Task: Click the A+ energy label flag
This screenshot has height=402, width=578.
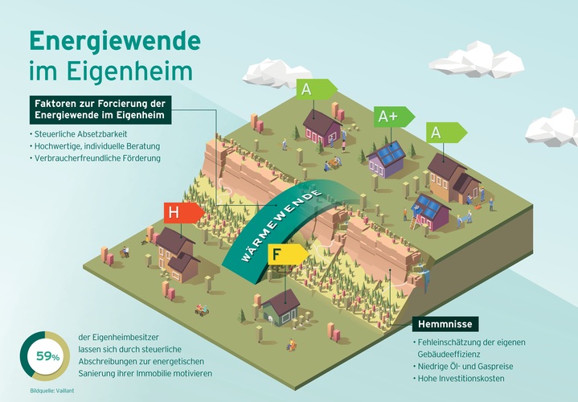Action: coord(394,117)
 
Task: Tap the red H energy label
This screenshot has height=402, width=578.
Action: coord(183,213)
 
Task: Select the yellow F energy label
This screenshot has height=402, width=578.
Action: coord(288,255)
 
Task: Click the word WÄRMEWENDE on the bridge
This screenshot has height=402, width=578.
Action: coord(281,227)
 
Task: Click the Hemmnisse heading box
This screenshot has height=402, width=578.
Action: coord(445,324)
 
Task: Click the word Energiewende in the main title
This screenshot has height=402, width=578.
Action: coord(115,41)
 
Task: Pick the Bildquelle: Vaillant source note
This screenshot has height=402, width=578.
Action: coord(52,391)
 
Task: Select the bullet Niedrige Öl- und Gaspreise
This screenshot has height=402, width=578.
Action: coord(465,367)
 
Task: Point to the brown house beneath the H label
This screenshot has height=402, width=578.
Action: coord(178,254)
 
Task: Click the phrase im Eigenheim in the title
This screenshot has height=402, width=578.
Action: coord(111,71)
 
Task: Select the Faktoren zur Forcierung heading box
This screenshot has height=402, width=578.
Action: coord(100,110)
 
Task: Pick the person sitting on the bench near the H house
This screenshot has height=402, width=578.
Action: coord(125,251)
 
